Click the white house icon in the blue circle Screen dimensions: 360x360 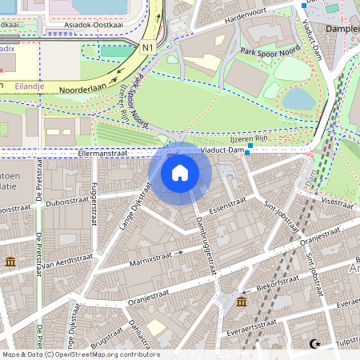180,172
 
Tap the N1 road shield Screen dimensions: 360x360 147,47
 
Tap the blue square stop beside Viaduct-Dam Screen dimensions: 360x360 249,150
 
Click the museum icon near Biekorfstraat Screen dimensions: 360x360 242,302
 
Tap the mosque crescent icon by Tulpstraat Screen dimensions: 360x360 314,344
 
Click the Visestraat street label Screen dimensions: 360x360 340,202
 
